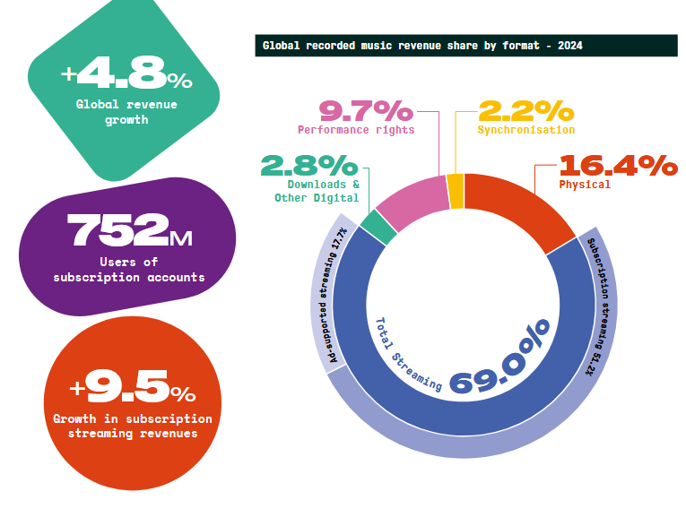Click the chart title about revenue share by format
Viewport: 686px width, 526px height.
point(421,45)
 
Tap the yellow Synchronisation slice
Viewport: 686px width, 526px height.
point(456,191)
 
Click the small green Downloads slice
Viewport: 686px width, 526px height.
point(378,227)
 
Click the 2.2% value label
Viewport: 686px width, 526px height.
point(525,110)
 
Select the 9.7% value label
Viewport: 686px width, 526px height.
point(366,111)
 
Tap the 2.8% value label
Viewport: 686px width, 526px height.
point(308,166)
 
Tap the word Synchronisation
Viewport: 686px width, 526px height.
point(526,130)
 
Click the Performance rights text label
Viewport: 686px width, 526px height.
point(356,130)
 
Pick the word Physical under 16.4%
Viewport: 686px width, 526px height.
point(585,185)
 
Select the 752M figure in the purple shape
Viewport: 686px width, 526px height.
point(128,232)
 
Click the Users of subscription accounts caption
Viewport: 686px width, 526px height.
point(128,270)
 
